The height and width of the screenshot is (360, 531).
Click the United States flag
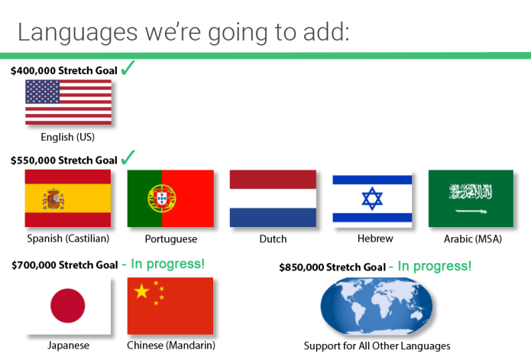tap(69, 102)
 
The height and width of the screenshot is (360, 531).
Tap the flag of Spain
tap(68, 199)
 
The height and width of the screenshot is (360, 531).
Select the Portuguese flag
tap(170, 199)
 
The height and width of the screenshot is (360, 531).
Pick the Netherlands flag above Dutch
tap(273, 199)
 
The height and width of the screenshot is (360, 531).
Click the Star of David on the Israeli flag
tap(372, 199)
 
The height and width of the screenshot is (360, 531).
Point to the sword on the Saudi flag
tap(471, 211)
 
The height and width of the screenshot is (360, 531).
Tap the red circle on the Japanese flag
tap(68, 306)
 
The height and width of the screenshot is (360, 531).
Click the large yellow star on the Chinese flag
tap(141, 291)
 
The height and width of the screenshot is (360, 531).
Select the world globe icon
tap(377, 306)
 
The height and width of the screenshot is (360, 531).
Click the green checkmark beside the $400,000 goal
tap(128, 68)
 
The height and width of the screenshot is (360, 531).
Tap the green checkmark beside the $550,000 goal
tap(128, 157)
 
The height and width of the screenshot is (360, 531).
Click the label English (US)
tap(68, 137)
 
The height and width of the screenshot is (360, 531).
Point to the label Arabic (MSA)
tap(473, 239)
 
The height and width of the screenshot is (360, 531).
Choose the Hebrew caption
tap(375, 238)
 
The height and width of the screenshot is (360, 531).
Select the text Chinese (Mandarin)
tap(171, 345)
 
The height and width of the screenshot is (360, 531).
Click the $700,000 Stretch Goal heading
tap(65, 264)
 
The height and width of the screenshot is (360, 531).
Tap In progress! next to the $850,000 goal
tap(435, 266)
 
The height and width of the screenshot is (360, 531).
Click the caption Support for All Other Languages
tap(377, 345)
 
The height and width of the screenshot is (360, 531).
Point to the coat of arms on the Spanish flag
tap(53, 199)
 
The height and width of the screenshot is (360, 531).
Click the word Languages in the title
tap(78, 33)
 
